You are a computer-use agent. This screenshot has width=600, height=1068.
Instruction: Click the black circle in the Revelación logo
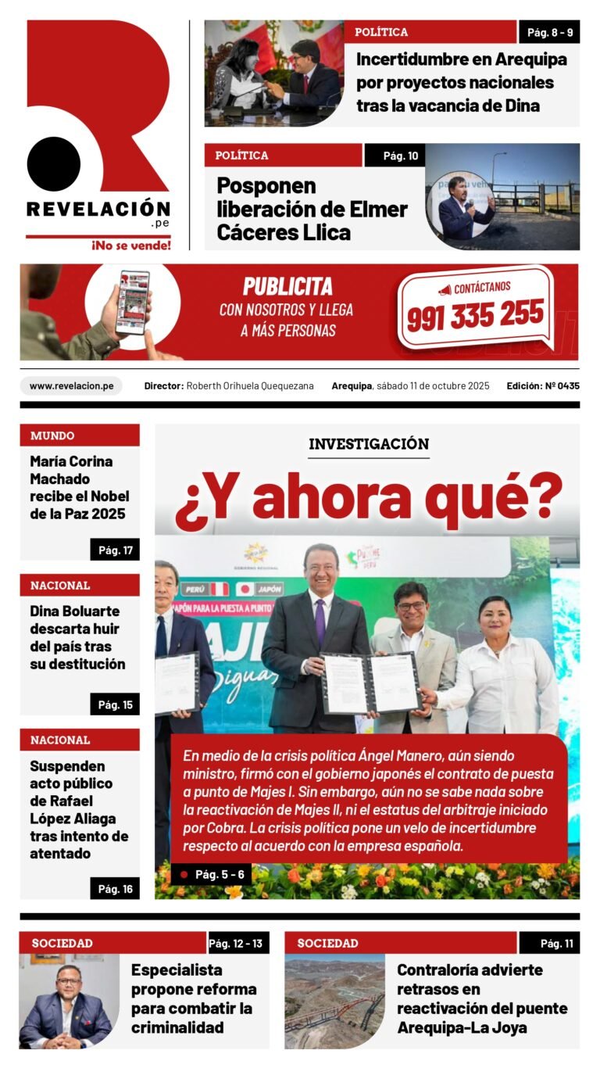54,163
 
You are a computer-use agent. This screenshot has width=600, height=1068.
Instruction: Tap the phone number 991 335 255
475,315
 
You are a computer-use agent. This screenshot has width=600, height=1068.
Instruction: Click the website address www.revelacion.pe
71,385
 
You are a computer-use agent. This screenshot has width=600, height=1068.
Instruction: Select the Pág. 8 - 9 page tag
549,32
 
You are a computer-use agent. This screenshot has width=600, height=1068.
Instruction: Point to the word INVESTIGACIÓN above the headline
369,445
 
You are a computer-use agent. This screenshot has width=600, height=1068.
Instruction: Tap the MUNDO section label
53,435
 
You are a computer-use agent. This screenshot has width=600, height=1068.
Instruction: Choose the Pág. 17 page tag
115,550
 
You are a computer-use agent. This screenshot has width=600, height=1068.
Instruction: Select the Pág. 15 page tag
115,704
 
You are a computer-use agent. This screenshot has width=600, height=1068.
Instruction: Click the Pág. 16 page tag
115,888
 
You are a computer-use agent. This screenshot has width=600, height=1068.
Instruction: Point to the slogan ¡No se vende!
131,245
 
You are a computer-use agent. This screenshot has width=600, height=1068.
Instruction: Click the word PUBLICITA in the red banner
287,286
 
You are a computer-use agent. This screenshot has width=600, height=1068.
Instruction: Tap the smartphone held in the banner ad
132,302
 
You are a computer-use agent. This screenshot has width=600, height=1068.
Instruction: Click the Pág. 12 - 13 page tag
236,944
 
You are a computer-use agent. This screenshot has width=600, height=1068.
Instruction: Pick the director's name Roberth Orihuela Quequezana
250,385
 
